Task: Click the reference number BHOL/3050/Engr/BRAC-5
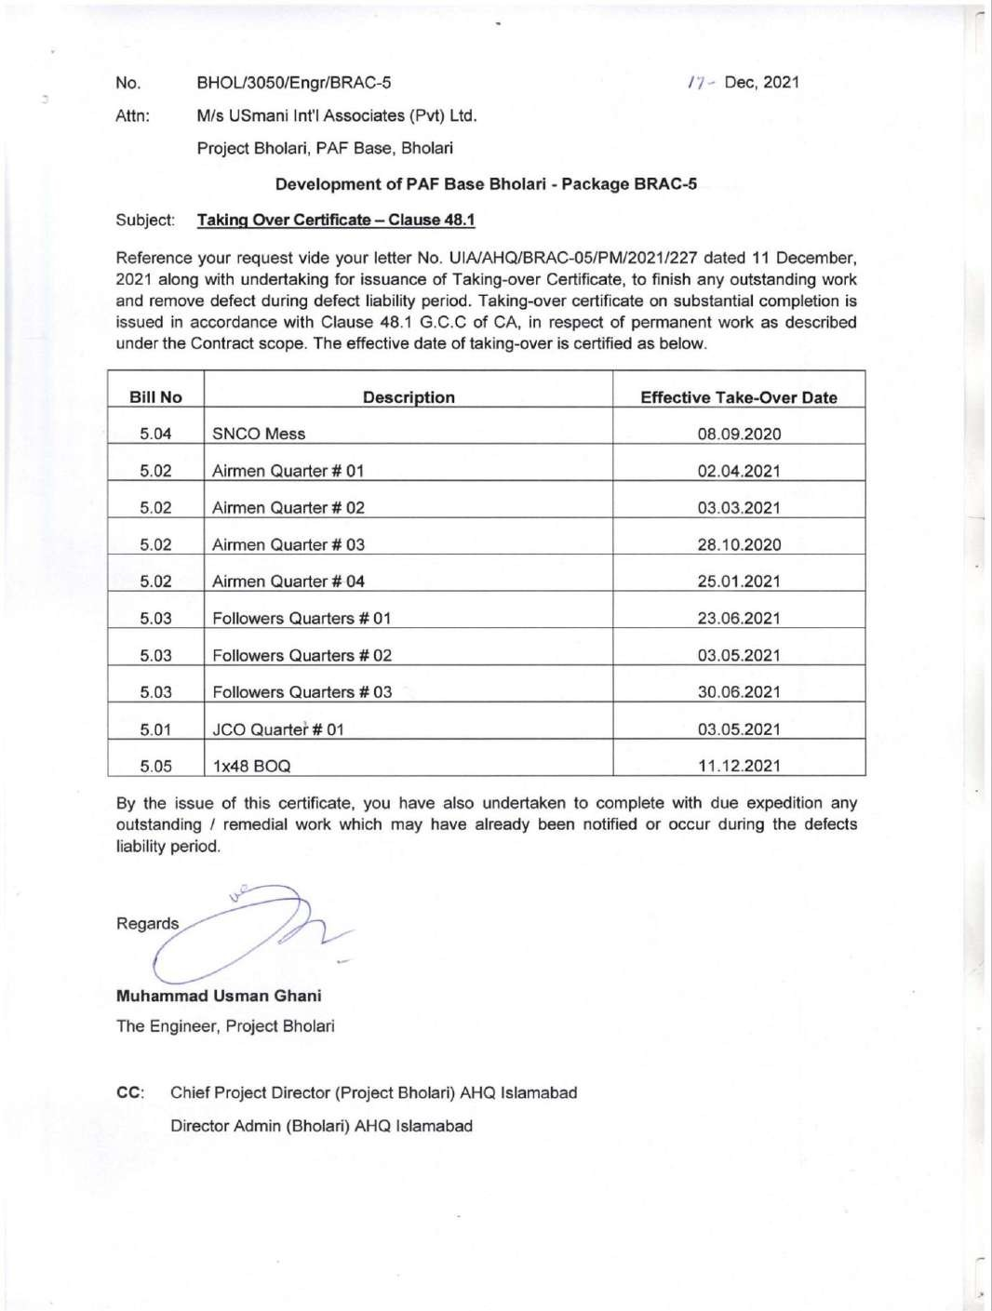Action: click(x=293, y=83)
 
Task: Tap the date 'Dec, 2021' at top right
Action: click(x=761, y=82)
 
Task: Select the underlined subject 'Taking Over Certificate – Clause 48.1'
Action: click(x=336, y=221)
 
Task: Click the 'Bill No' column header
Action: click(x=155, y=397)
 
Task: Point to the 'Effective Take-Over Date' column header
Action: click(x=739, y=397)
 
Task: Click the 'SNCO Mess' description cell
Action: click(x=259, y=434)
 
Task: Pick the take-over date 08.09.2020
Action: click(x=739, y=434)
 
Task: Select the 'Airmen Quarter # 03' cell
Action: click(x=288, y=544)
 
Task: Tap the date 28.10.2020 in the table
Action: click(x=739, y=544)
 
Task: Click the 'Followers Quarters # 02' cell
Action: click(x=302, y=655)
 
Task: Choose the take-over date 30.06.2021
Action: click(x=739, y=692)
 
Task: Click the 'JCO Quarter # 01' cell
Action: click(x=277, y=729)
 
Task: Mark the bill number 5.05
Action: click(x=155, y=767)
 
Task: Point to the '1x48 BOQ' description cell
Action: click(x=251, y=767)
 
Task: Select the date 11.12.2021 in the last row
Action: click(x=739, y=766)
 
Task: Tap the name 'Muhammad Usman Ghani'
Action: click(x=219, y=996)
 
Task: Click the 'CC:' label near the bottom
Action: click(x=130, y=1092)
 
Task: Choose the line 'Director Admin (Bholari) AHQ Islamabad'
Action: click(x=321, y=1126)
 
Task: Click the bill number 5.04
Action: click(x=155, y=434)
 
